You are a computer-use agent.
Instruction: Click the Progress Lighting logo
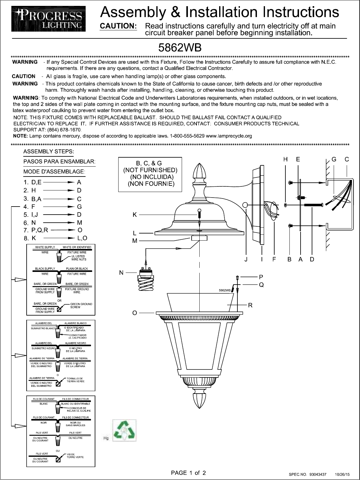(x=47, y=20)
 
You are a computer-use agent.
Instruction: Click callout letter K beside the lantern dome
(x=135, y=214)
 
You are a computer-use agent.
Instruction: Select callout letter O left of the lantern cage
(x=134, y=313)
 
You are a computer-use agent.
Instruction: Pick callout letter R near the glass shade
(x=250, y=305)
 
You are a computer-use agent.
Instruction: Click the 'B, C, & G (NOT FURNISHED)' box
(x=150, y=174)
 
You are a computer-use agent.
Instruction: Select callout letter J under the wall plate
(x=246, y=260)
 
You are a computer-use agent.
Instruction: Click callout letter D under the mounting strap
(x=312, y=260)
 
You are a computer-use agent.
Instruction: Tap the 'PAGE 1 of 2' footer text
(x=189, y=473)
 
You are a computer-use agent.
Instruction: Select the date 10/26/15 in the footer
(x=343, y=474)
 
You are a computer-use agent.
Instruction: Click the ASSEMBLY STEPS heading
(x=49, y=152)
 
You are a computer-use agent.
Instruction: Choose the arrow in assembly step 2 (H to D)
(x=61, y=190)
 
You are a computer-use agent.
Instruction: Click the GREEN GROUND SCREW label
(x=81, y=306)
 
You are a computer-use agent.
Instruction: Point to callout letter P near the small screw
(x=261, y=276)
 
